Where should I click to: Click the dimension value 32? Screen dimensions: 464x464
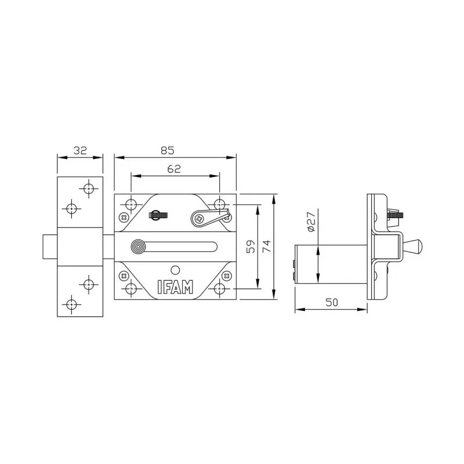[x=80, y=150]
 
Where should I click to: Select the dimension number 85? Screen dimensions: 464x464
[x=167, y=150]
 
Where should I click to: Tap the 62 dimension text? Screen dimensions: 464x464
[x=175, y=169]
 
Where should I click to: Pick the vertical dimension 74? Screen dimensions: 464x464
[x=266, y=246]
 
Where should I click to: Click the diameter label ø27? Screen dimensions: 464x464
[x=310, y=222]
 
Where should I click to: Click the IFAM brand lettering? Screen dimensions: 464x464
[x=175, y=287]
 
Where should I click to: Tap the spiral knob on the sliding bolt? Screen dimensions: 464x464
[x=139, y=246]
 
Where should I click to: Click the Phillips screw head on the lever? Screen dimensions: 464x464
[x=198, y=218]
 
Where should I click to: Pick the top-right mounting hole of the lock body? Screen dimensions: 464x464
[x=220, y=204]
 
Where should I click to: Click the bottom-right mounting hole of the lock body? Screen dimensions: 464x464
[x=220, y=288]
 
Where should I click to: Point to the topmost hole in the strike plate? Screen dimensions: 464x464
[x=89, y=188]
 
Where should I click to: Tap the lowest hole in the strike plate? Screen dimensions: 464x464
[x=71, y=303]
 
